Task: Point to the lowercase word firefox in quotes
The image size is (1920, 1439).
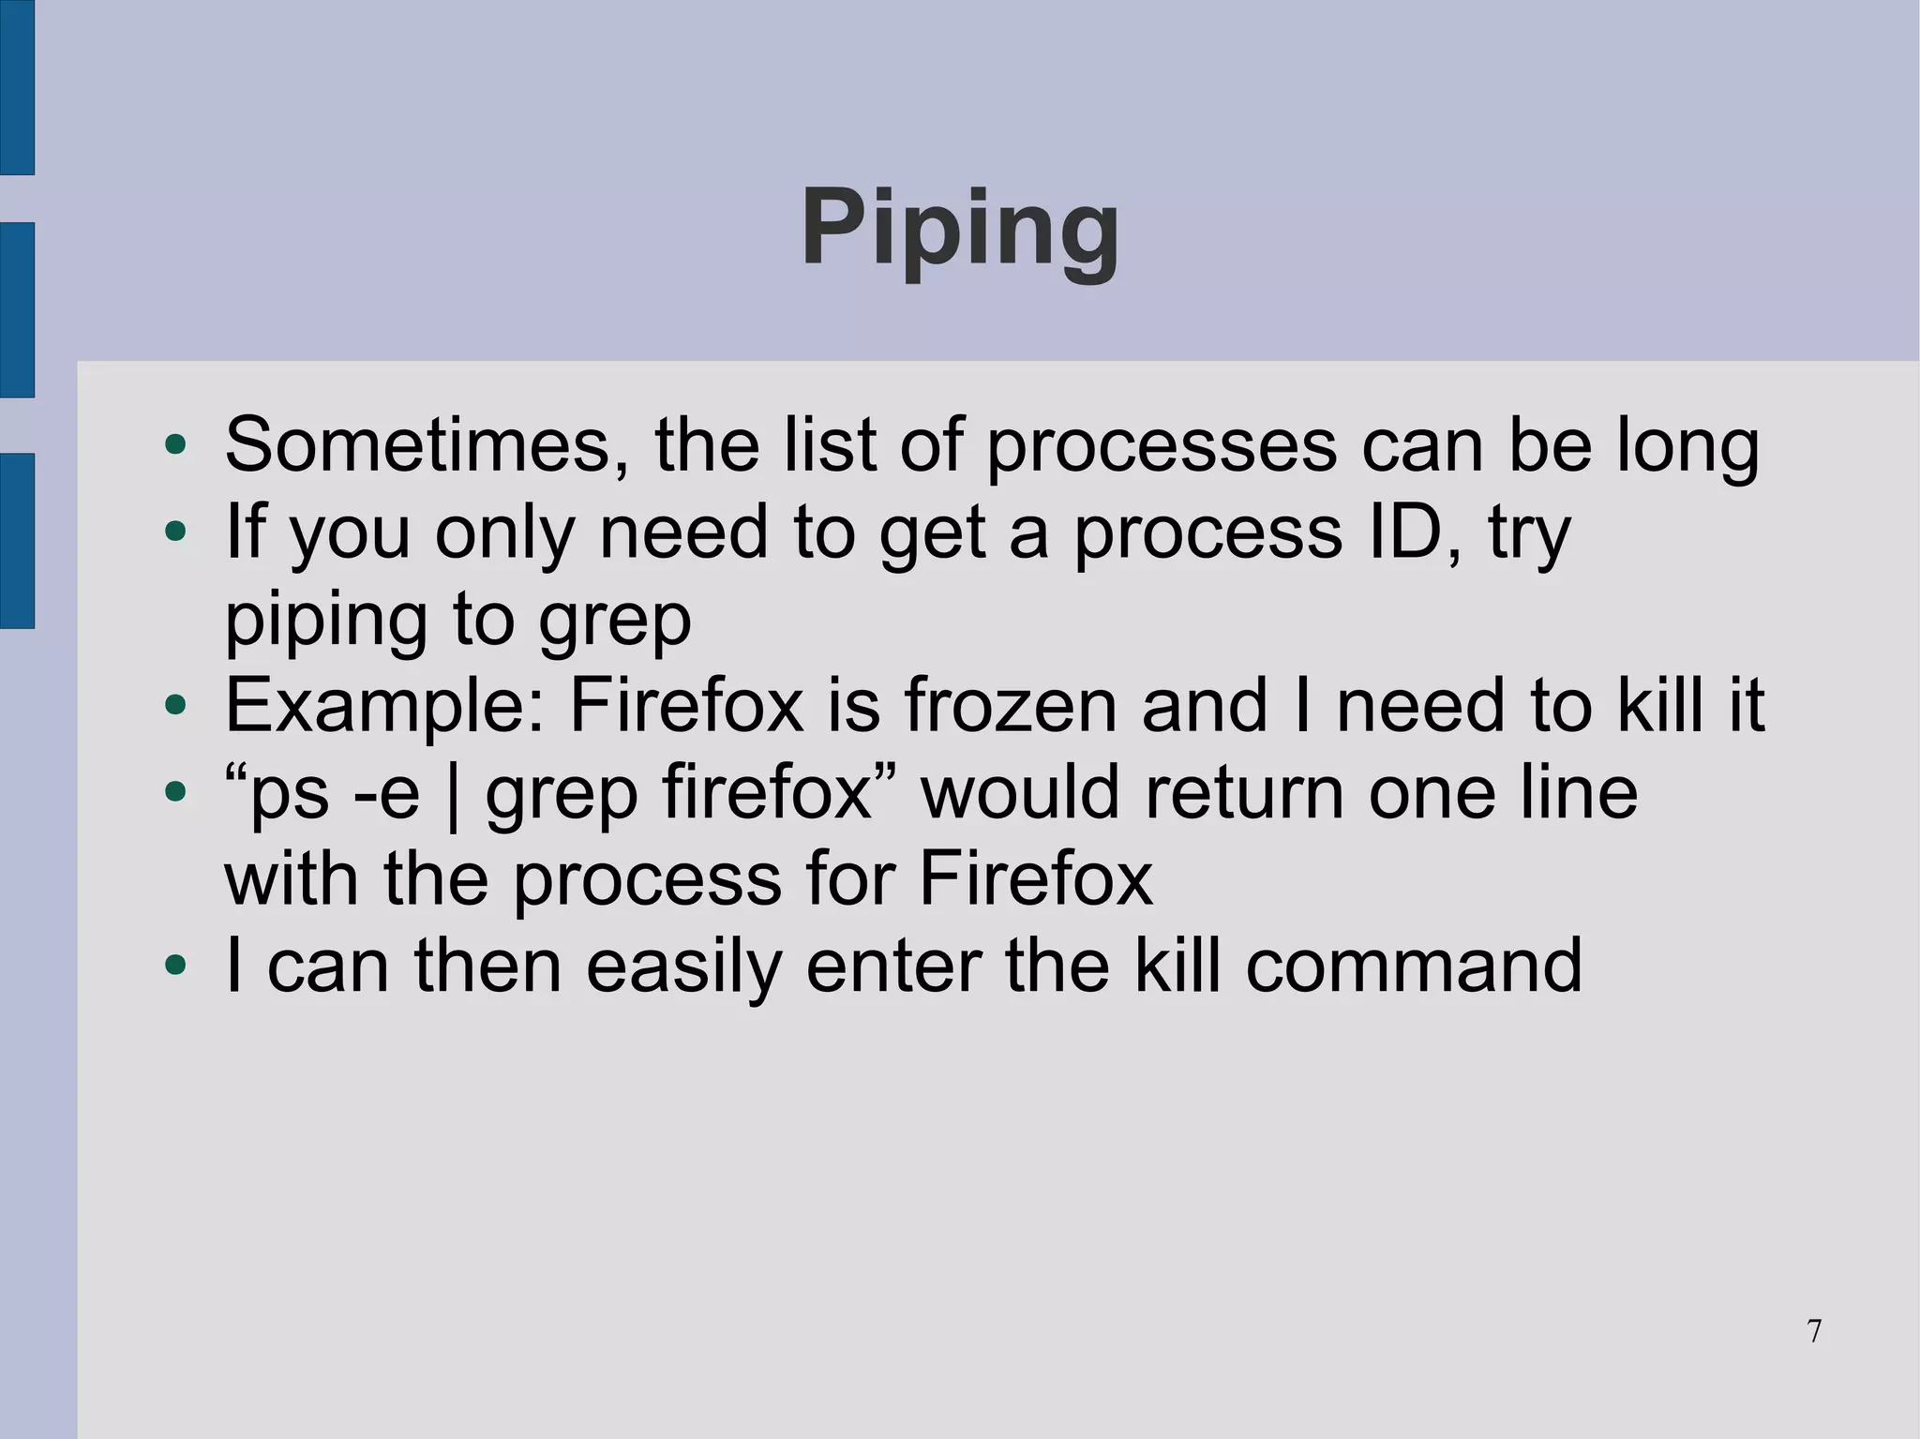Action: (768, 793)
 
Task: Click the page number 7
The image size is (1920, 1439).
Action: (1815, 1332)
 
